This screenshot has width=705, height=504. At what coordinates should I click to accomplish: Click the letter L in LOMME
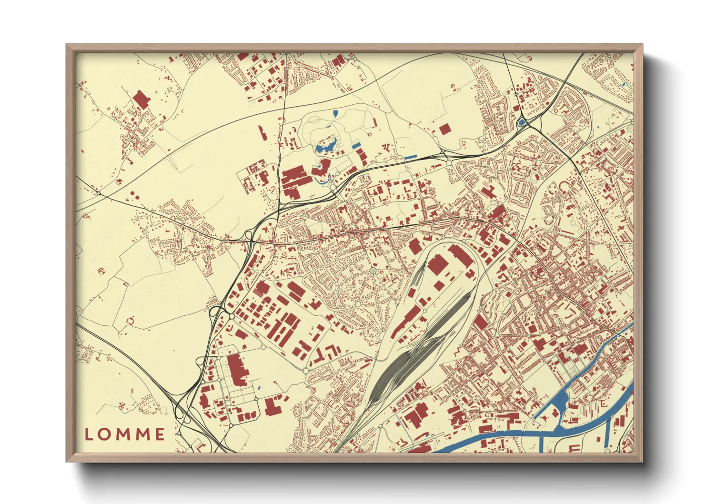pyautogui.click(x=89, y=434)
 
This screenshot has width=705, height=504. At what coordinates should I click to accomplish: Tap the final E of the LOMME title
pyautogui.click(x=160, y=434)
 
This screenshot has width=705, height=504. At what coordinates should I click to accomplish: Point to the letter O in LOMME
pyautogui.click(x=105, y=434)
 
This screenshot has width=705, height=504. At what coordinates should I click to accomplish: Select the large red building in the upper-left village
pyautogui.click(x=141, y=99)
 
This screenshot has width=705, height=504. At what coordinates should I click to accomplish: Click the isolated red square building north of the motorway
pyautogui.click(x=444, y=129)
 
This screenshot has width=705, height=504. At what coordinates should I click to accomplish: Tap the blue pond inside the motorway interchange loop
pyautogui.click(x=521, y=123)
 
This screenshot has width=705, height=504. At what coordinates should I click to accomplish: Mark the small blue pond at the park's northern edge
pyautogui.click(x=336, y=113)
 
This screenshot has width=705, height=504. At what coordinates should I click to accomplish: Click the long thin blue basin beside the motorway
pyautogui.click(x=410, y=156)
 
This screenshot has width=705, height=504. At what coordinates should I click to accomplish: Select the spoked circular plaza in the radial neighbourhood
pyautogui.click(x=373, y=271)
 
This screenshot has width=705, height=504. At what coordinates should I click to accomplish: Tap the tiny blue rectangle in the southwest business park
pyautogui.click(x=259, y=388)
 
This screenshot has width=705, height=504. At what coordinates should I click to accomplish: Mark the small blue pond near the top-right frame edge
pyautogui.click(x=624, y=85)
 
